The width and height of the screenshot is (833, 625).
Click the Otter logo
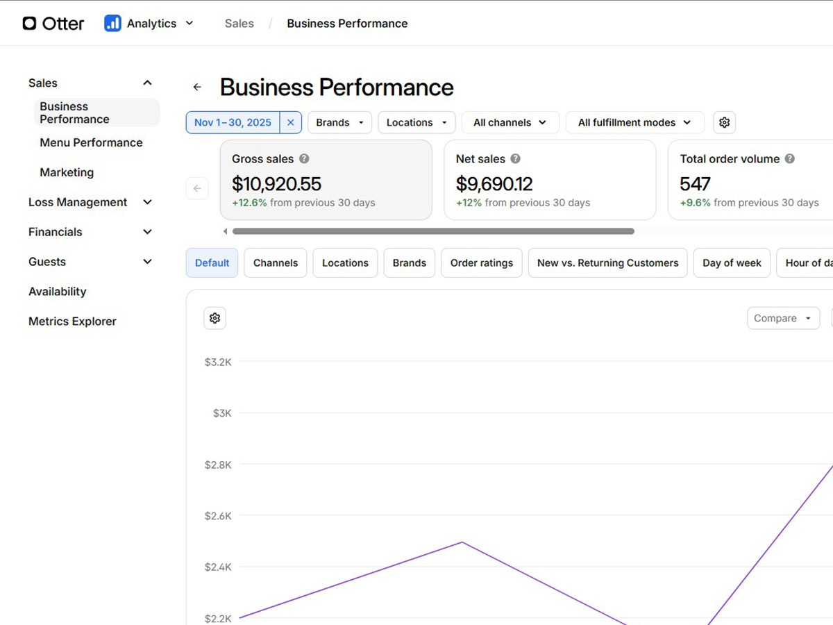pos(53,24)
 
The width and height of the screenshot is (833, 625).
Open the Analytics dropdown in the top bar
pos(149,24)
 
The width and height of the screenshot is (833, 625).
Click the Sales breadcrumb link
pos(239,24)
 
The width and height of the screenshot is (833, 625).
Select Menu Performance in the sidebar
pos(91,142)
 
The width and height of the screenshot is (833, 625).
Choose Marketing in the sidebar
pos(67,172)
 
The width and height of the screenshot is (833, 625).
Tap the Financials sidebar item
pos(56,232)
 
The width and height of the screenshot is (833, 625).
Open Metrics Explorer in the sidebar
pos(72,322)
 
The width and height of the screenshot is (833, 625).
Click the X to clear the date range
pos(291,122)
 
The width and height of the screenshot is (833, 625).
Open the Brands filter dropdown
pos(339,122)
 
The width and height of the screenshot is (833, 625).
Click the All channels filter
pos(510,122)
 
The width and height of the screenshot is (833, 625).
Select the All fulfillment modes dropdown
pos(634,122)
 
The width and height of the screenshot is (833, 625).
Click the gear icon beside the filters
pos(724,122)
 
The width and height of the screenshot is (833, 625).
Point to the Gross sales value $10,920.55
pos(276,184)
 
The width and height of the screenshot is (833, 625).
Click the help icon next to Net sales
pos(515,159)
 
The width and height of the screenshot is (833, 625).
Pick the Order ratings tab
pos(481,263)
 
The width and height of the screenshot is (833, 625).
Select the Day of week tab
pos(732,263)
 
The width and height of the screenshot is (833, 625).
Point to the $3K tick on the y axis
pos(222,413)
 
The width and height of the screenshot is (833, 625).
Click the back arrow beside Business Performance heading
pos(197,87)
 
